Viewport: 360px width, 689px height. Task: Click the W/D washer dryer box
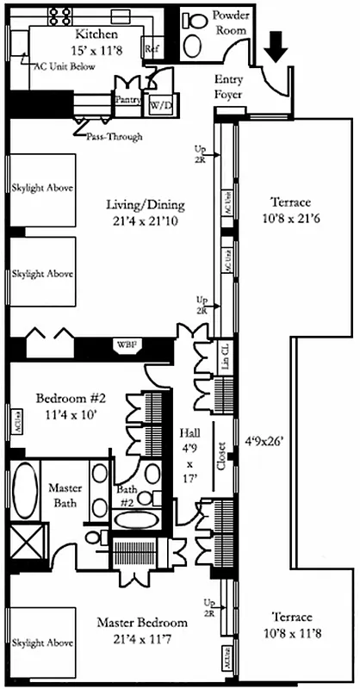[x=160, y=105]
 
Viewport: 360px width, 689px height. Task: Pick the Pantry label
[x=127, y=100]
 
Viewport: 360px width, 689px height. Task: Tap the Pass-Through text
[x=114, y=137]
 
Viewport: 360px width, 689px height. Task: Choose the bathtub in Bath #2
[x=136, y=521]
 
